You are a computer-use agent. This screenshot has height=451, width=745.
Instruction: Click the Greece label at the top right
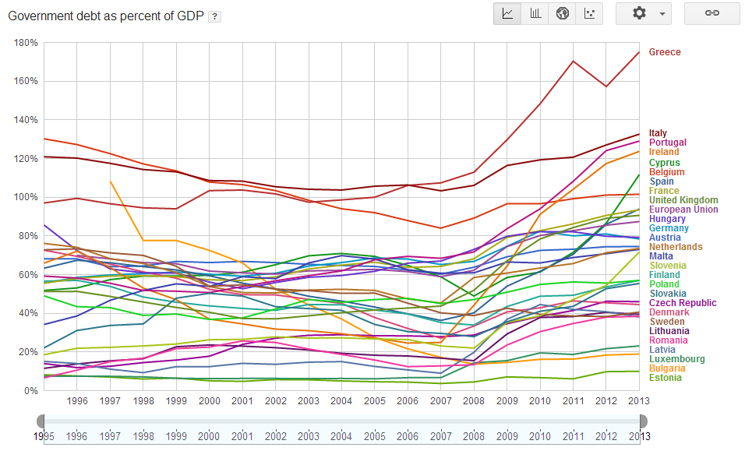665,52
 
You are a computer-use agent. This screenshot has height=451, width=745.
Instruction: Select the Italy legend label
658,134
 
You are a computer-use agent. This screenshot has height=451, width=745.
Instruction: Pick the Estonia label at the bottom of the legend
665,378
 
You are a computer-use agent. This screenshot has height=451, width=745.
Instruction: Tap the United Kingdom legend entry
683,200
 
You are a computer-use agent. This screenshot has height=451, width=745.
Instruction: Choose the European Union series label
683,210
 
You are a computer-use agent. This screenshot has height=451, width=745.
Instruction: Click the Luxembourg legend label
675,359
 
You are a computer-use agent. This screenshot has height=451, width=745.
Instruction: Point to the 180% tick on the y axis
26,43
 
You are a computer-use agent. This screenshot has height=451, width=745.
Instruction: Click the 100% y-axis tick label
26,197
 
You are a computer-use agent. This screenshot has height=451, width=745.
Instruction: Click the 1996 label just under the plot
76,400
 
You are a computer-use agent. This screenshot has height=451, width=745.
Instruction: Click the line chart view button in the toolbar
507,13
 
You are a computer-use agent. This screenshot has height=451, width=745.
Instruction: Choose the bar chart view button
535,13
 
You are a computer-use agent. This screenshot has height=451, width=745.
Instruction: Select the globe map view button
563,13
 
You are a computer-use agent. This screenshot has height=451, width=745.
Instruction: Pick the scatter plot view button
590,13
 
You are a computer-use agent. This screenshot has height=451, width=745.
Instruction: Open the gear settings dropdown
644,13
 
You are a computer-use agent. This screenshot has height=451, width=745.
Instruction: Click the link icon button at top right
711,13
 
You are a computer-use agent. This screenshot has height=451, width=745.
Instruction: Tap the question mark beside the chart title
214,16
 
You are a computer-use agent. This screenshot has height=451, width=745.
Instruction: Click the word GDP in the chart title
188,16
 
